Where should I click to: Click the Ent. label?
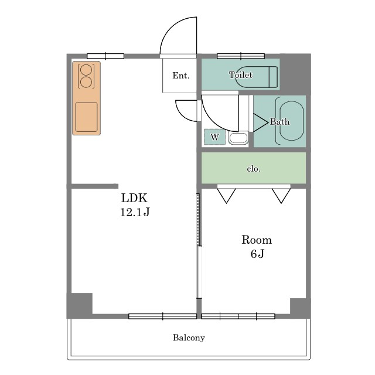click(x=181, y=76)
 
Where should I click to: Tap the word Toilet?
click(x=241, y=75)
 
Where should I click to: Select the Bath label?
click(x=279, y=122)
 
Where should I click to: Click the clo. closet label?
click(x=254, y=169)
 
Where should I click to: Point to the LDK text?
click(x=134, y=198)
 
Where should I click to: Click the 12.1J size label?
click(x=135, y=212)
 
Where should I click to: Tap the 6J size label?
click(x=257, y=254)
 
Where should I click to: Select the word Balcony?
click(x=189, y=337)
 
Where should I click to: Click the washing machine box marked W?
click(x=215, y=137)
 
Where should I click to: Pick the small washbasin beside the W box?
click(x=238, y=138)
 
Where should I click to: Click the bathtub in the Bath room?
click(x=292, y=121)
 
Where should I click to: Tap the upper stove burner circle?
click(x=86, y=70)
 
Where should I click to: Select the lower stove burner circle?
click(x=86, y=82)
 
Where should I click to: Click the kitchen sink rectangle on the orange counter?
click(x=86, y=117)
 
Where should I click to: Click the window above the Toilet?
click(x=241, y=56)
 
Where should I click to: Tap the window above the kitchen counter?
click(x=105, y=56)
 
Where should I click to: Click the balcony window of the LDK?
click(x=163, y=316)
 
